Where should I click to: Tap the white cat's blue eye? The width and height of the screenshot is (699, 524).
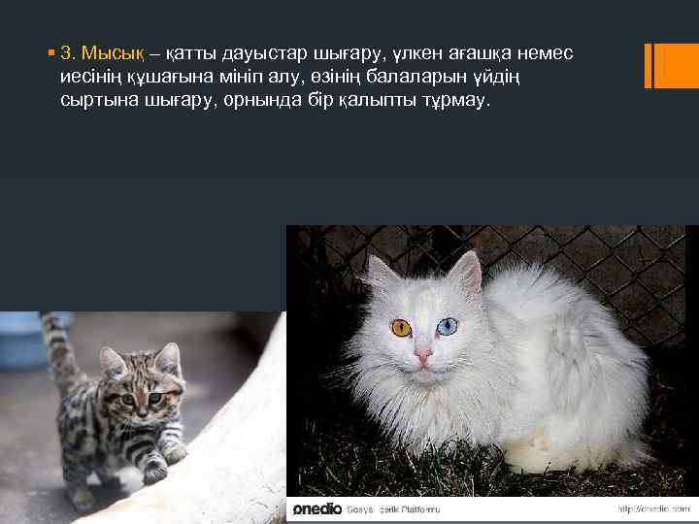[x=447, y=328]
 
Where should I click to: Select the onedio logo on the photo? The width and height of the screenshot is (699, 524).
[x=316, y=508]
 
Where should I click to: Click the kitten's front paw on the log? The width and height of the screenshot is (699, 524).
[x=153, y=473]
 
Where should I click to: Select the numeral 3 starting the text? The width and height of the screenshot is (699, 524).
[x=65, y=50]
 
